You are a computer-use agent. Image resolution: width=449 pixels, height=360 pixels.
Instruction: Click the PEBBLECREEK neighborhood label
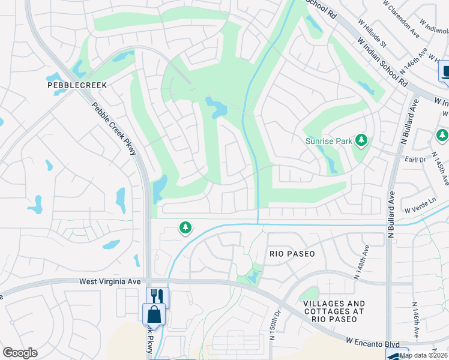pos(77,85)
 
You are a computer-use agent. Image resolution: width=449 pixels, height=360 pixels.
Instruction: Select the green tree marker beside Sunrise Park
pos(361,140)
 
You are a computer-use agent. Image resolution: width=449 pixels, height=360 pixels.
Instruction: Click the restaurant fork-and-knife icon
pos(158,297)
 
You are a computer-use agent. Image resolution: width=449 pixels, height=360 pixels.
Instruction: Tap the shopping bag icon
pos(154,314)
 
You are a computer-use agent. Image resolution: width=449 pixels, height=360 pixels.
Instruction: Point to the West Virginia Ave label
pos(110,281)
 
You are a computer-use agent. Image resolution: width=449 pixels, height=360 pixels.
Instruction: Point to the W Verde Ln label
pos(418,208)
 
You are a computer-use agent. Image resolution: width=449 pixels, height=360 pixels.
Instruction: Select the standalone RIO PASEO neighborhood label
pos(292,254)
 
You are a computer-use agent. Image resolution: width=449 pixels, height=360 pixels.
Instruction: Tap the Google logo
pos(20,353)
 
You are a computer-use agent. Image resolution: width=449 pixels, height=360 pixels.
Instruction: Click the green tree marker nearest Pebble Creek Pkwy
pos(185,227)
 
